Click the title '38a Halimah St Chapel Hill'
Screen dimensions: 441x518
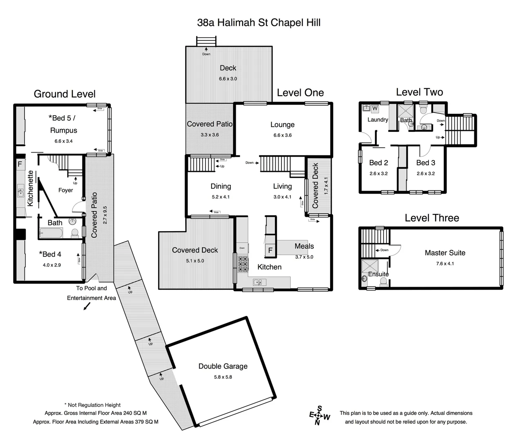click(259, 22)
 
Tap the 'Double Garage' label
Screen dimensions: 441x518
click(223, 366)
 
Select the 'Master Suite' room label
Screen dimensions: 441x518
click(445, 253)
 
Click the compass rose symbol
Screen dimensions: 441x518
click(319, 416)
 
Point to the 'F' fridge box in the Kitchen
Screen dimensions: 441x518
click(270, 250)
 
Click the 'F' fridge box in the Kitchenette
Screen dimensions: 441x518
click(20, 165)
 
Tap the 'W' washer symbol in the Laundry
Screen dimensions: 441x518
click(375, 108)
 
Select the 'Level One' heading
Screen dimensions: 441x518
click(300, 93)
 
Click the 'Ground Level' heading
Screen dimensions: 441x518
click(65, 94)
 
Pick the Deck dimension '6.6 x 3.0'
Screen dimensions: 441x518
click(228, 79)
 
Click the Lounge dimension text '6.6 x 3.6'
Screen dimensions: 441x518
click(282, 135)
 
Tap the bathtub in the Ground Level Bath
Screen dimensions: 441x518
click(51, 234)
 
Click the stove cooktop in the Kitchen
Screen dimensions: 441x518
click(243, 264)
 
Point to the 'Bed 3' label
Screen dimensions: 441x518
click(425, 163)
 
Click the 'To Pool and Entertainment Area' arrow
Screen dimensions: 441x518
click(87, 307)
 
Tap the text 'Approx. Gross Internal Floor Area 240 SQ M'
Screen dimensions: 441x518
click(96, 413)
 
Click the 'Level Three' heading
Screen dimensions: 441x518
click(432, 218)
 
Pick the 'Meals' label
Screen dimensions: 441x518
click(304, 246)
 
